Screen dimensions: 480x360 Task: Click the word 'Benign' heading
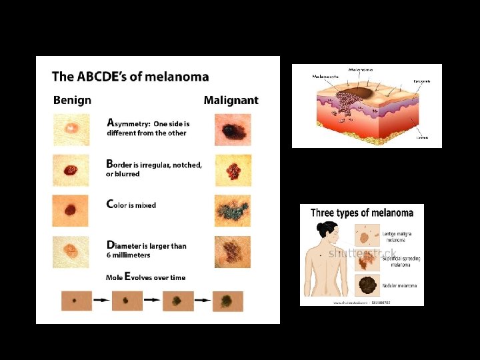pyautogui.click(x=72, y=101)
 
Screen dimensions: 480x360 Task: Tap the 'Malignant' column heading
pyautogui.click(x=231, y=101)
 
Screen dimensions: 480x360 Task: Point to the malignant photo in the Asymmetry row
pyautogui.click(x=233, y=129)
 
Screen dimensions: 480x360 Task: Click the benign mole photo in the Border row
pyautogui.click(x=69, y=170)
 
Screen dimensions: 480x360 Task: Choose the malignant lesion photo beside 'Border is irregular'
pyautogui.click(x=233, y=170)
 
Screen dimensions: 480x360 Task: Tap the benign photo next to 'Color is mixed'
pyautogui.click(x=69, y=211)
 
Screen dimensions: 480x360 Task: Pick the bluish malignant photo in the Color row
pyautogui.click(x=233, y=211)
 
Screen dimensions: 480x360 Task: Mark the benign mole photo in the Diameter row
pyautogui.click(x=69, y=251)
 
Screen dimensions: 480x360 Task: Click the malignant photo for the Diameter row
pyautogui.click(x=233, y=251)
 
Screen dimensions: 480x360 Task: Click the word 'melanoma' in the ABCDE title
pyautogui.click(x=177, y=77)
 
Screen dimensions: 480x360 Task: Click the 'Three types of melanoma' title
pyautogui.click(x=361, y=213)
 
